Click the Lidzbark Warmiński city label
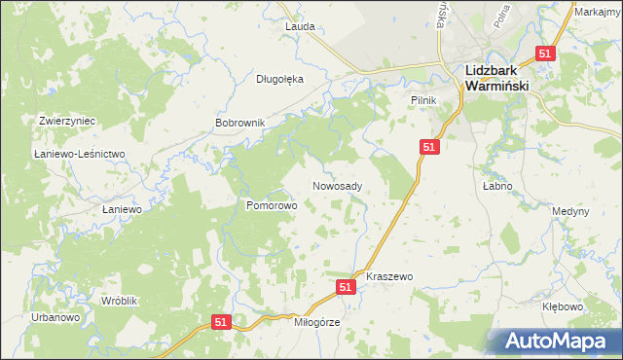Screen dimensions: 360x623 pos(496,78)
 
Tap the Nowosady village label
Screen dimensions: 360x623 pos(338,186)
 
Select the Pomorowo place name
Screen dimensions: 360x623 pos(271,206)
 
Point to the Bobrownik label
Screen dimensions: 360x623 pos(239,125)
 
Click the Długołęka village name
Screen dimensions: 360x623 pos(279,80)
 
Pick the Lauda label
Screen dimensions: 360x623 pos(300,27)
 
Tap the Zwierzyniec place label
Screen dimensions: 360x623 pos(66,121)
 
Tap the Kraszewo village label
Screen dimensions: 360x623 pos(389,277)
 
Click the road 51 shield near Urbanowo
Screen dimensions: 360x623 pos(221,322)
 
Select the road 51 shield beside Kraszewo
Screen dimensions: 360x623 pos(346,287)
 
